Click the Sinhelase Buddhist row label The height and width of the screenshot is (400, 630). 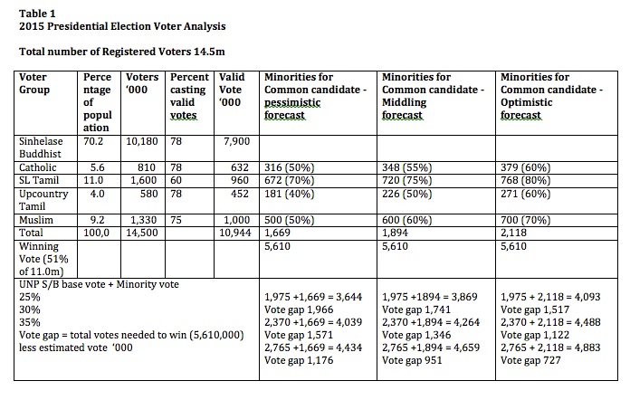point(41,148)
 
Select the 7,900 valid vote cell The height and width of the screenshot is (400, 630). point(237,141)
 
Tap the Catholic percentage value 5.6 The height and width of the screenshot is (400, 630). point(97,167)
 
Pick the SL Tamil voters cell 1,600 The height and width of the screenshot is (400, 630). point(144,180)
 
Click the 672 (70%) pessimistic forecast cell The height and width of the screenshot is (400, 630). point(290,180)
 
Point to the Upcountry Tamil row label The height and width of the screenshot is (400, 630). point(43,200)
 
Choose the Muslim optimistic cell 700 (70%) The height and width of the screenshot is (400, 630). point(526,220)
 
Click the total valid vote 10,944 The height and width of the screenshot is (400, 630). point(235,233)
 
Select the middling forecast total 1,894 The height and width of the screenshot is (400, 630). point(395,233)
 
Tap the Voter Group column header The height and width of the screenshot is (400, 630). point(34,83)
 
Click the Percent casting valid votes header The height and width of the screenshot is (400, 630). point(189,96)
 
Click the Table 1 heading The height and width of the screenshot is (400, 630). point(37,14)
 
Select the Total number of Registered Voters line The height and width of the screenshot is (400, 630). point(121,52)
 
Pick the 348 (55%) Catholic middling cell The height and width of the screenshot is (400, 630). point(407,167)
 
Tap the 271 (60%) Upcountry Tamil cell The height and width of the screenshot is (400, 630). point(526,194)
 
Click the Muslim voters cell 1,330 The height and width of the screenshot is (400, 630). point(144,220)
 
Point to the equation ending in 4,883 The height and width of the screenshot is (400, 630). point(550,348)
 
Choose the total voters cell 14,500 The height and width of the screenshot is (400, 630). point(142,233)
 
